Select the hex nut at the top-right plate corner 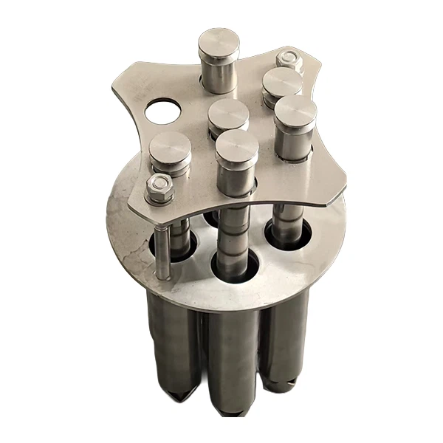pos(289,61)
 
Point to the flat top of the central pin pos(229,114)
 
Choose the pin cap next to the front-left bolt pos(170,150)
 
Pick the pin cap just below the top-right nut pos(282,81)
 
